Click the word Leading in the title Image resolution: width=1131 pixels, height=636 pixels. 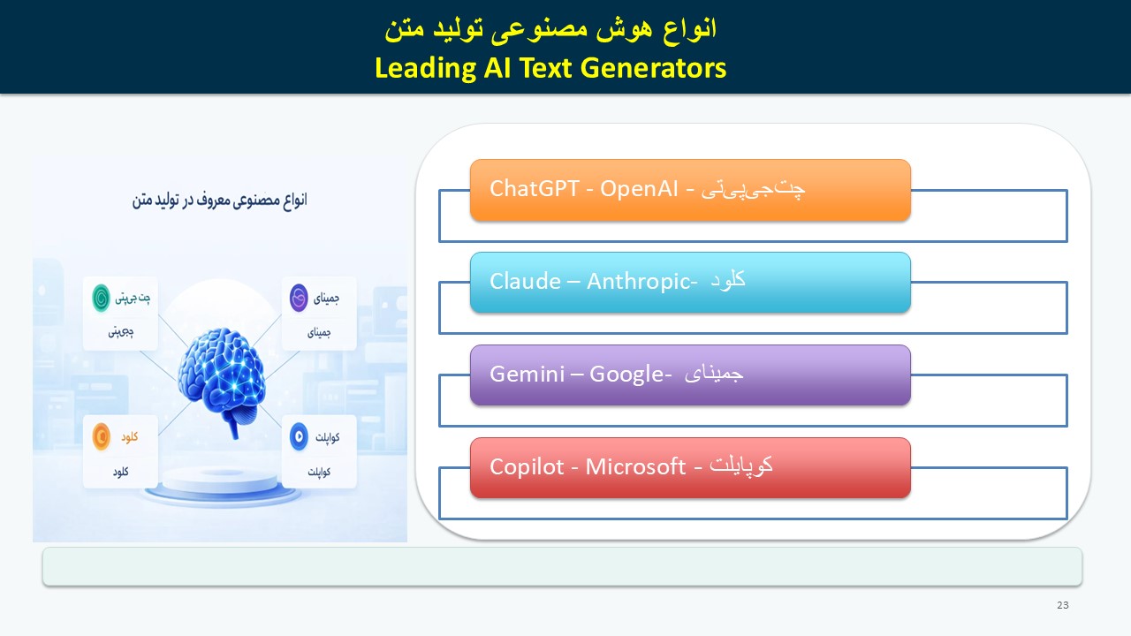(426, 69)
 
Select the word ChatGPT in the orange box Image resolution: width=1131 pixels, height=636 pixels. (534, 189)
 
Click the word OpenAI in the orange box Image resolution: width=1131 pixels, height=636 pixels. (639, 189)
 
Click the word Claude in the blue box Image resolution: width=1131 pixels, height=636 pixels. (525, 281)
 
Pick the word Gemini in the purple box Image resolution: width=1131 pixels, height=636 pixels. (528, 374)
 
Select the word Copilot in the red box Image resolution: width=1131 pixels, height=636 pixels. (527, 467)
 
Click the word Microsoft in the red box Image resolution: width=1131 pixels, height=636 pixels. (635, 467)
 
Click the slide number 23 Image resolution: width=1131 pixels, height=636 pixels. (1063, 605)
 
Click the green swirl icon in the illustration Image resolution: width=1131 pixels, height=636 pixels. (101, 298)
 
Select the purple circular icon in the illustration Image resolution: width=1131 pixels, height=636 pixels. (299, 298)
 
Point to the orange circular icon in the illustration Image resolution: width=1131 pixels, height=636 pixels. (101, 436)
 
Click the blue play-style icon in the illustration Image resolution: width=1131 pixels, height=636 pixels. (299, 436)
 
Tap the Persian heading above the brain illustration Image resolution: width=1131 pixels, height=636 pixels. (220, 201)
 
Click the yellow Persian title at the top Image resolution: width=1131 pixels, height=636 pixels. (550, 29)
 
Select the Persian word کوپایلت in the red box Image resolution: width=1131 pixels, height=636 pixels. (740, 466)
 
